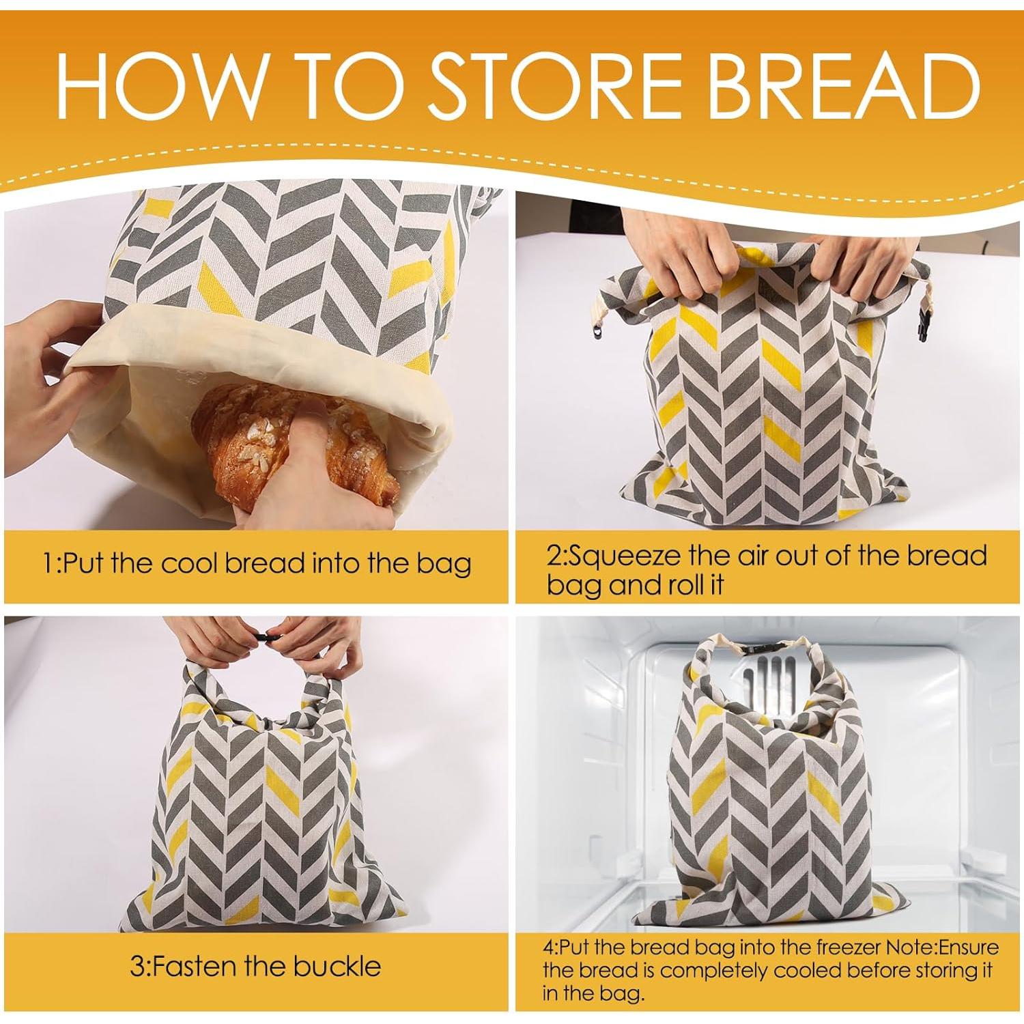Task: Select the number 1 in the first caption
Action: click(48, 565)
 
